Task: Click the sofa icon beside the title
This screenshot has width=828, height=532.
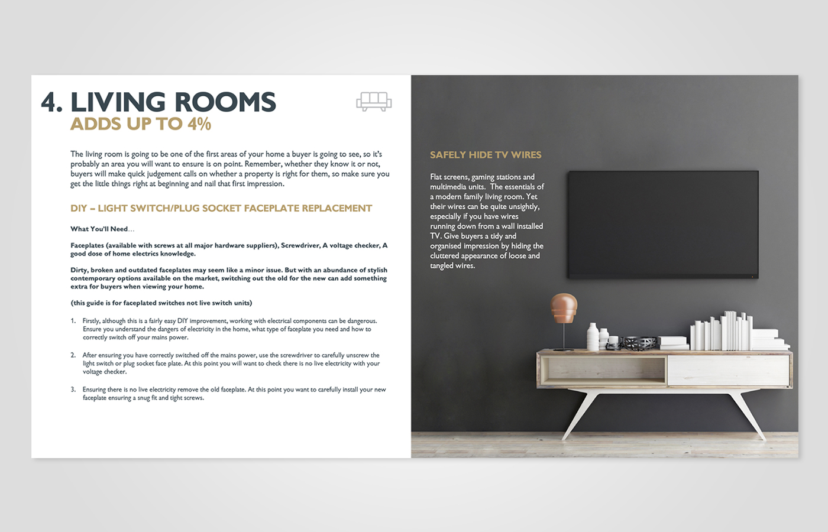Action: click(374, 102)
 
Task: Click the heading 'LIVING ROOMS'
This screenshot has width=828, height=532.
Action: click(173, 102)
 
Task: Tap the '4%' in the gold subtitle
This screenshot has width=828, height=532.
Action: click(199, 124)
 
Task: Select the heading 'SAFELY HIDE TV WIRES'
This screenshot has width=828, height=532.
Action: click(486, 155)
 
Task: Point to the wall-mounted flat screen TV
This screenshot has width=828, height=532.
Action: click(663, 225)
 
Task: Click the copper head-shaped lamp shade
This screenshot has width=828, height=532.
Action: click(564, 307)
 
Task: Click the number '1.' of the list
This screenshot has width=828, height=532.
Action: click(73, 321)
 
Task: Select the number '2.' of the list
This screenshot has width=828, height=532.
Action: click(73, 355)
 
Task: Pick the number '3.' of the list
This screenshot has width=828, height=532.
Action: click(73, 390)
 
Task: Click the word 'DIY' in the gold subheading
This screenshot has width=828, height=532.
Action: click(79, 208)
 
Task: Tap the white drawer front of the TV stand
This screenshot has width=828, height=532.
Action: click(729, 370)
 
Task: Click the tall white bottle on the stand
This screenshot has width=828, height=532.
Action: click(593, 336)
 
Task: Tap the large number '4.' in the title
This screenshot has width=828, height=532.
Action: click(52, 102)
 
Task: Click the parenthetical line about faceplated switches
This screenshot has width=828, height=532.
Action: click(161, 303)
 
